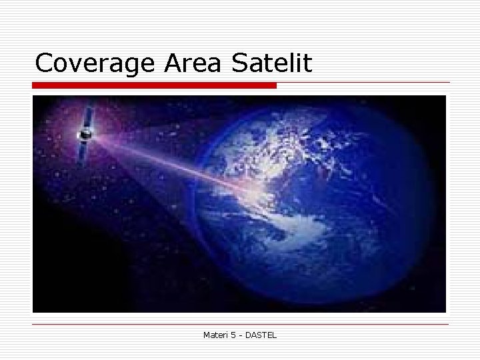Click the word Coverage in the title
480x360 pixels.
tap(95, 63)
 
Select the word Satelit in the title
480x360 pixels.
tap(271, 63)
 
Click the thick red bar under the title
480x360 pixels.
tap(154, 85)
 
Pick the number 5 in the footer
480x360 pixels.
tap(234, 334)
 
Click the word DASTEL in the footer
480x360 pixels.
tap(261, 334)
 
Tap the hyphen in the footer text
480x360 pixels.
tap(241, 335)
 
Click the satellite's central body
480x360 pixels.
tap(85, 135)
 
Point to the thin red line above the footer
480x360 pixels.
tap(240, 324)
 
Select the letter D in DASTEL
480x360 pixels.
tap(249, 334)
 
